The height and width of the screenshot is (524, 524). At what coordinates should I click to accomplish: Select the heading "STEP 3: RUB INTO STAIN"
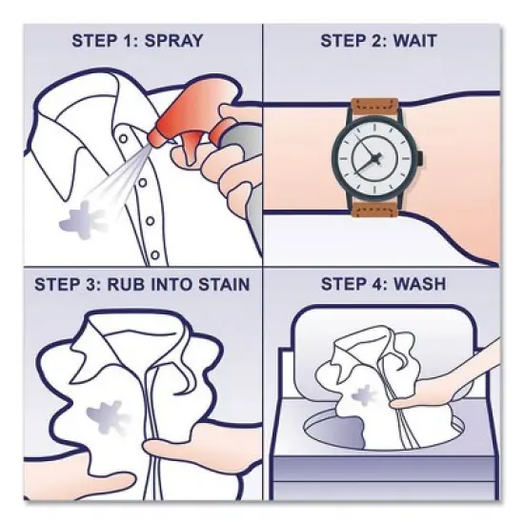(x=142, y=284)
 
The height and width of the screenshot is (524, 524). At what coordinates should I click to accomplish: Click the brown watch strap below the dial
(x=377, y=214)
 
